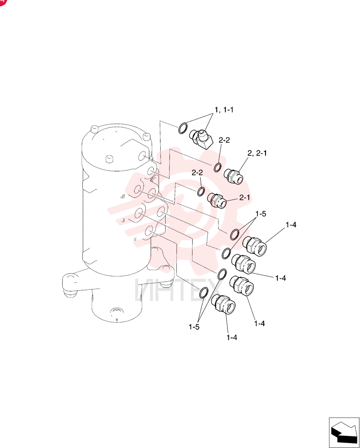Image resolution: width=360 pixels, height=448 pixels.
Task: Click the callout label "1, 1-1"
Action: [224, 110]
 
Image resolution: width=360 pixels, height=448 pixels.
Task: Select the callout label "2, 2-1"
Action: [257, 153]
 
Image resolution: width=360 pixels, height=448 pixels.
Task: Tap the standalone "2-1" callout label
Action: [244, 198]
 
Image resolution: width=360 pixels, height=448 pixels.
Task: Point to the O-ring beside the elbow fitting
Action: [183, 128]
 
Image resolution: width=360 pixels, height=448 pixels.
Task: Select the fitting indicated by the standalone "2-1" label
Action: [217, 200]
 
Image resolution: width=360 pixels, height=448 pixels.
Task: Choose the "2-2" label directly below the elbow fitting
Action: [224, 140]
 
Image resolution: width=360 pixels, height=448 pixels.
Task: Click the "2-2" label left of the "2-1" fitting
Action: [197, 172]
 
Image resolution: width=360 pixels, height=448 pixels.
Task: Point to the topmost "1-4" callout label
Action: [291, 225]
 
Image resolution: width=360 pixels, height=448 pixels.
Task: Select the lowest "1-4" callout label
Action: [232, 337]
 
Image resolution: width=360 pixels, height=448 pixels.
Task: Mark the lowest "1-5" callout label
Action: [194, 327]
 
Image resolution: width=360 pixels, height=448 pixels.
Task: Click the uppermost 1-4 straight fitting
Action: [254, 246]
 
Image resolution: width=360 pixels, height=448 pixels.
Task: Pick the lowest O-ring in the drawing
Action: [204, 293]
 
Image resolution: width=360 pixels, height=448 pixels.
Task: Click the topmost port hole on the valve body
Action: [142, 156]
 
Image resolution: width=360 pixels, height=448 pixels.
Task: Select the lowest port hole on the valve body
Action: [149, 233]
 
